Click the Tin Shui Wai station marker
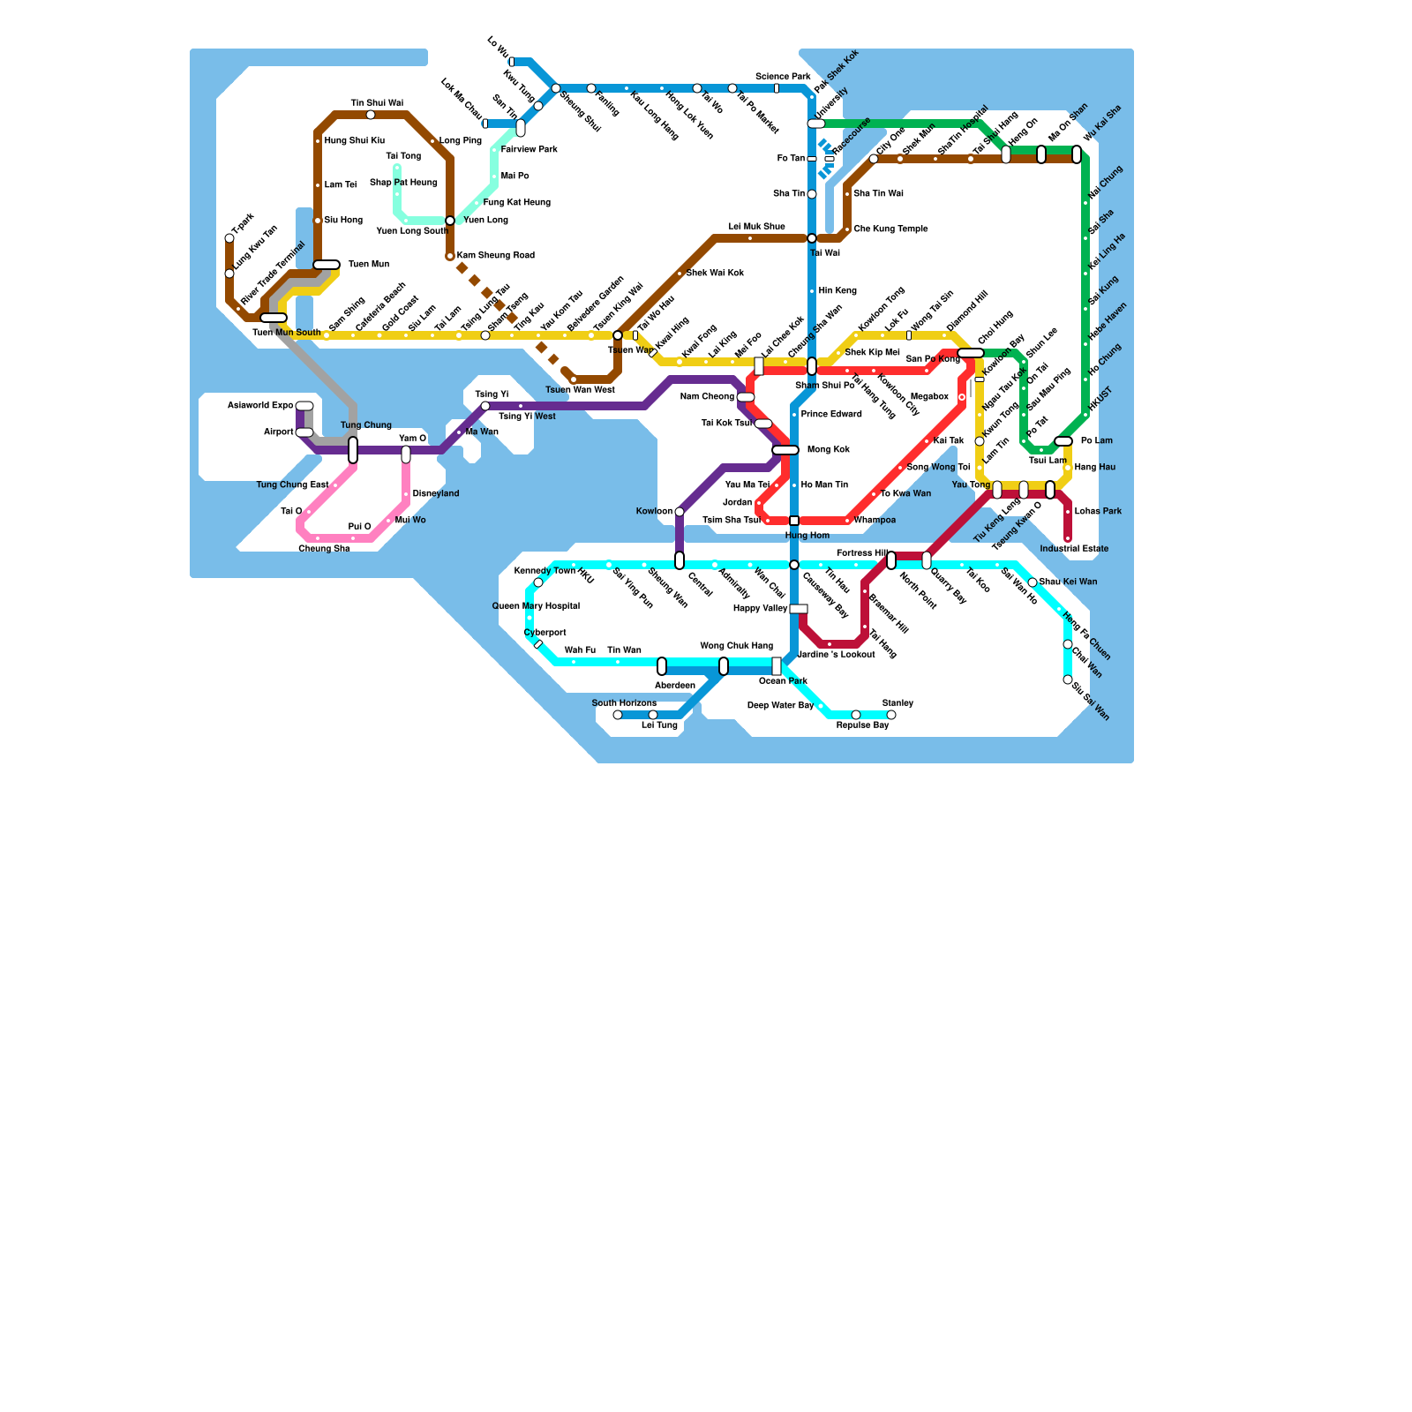[x=371, y=115]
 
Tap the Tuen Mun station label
[x=368, y=265]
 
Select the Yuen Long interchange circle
[x=450, y=221]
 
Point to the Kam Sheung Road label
[x=495, y=256]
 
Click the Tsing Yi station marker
[x=485, y=406]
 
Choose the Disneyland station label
[x=435, y=494]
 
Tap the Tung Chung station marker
[x=353, y=450]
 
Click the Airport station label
[x=278, y=432]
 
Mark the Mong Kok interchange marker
[x=785, y=450]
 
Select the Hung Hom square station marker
[x=794, y=521]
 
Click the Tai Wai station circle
[x=812, y=238]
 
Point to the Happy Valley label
[x=760, y=609]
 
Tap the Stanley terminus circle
[x=891, y=715]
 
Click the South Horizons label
[x=623, y=703]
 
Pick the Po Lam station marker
[x=1063, y=441]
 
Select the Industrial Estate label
[x=1074, y=549]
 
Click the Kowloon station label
[x=654, y=512]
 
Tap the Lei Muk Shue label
[x=756, y=227]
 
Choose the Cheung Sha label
[x=324, y=549]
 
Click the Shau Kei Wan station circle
[x=1033, y=582]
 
